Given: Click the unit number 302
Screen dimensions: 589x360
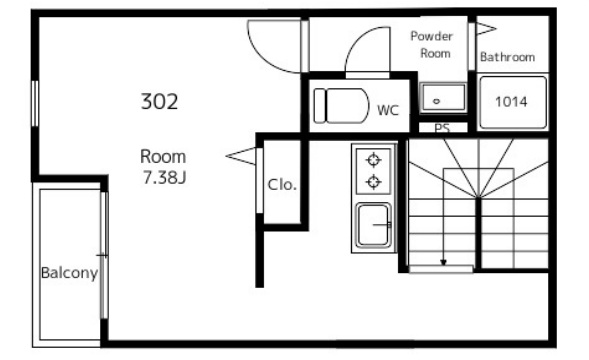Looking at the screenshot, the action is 159,101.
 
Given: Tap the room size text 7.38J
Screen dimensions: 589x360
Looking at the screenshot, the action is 165,177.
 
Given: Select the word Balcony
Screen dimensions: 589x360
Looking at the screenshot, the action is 69,273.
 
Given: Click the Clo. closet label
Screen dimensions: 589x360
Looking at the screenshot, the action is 282,185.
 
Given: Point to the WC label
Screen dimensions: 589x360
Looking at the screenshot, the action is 388,110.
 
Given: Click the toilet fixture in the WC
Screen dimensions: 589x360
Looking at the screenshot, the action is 341,106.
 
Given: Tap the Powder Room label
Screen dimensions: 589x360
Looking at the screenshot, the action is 432,45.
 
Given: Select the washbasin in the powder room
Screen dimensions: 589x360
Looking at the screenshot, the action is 443,98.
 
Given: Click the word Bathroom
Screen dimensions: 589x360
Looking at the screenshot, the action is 507,57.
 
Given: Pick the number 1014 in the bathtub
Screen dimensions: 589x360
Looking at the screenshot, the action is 511,101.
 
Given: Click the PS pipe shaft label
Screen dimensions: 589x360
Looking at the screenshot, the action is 442,128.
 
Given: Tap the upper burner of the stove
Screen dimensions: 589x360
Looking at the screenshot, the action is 373,160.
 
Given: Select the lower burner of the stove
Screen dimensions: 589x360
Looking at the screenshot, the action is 373,182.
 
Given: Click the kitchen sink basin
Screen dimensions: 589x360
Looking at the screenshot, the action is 373,225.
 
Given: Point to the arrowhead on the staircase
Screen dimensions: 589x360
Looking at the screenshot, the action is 444,262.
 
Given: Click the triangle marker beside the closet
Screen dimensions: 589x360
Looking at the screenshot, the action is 241,156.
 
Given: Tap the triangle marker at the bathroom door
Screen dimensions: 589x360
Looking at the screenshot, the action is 486,29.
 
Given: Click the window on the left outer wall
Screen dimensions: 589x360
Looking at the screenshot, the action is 35,104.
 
